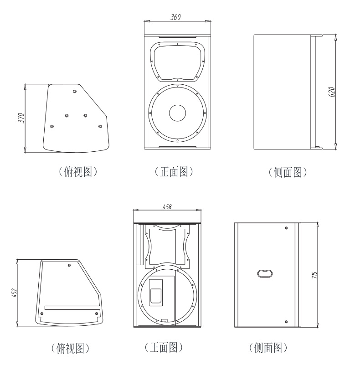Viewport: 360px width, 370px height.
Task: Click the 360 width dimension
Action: (176, 17)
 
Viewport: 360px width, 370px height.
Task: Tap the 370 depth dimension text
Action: (20, 118)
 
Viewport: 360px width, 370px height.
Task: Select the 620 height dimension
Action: (332, 91)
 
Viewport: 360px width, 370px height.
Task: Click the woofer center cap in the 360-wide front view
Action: (177, 113)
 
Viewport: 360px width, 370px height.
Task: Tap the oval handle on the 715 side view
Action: (265, 272)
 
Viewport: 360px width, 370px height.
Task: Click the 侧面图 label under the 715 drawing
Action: (268, 349)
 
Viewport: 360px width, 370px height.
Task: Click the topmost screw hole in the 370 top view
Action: (75, 91)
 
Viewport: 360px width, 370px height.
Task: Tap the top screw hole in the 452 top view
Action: (69, 265)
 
